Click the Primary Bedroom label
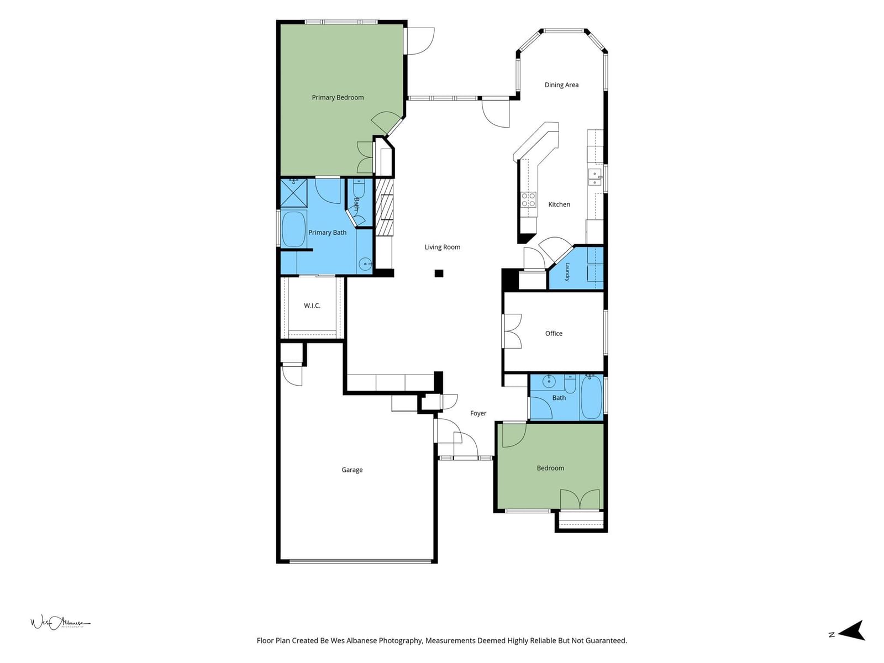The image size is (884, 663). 338,97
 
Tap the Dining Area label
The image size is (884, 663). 561,85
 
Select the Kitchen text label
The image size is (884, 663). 559,204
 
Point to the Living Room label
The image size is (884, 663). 442,247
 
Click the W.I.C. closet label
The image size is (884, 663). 312,306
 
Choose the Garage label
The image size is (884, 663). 352,470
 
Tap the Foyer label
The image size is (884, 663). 478,413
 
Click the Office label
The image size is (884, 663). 554,333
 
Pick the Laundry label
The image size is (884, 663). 567,272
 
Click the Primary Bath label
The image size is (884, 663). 327,233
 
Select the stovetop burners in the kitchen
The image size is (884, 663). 528,199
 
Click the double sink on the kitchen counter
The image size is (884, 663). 595,177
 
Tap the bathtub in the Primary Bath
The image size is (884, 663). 293,229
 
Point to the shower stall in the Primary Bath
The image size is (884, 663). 293,193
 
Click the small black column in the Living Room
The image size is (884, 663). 439,273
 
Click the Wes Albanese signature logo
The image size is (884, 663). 60,623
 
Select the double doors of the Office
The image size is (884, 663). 512,331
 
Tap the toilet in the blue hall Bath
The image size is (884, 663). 570,385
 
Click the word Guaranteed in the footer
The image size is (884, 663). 606,640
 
